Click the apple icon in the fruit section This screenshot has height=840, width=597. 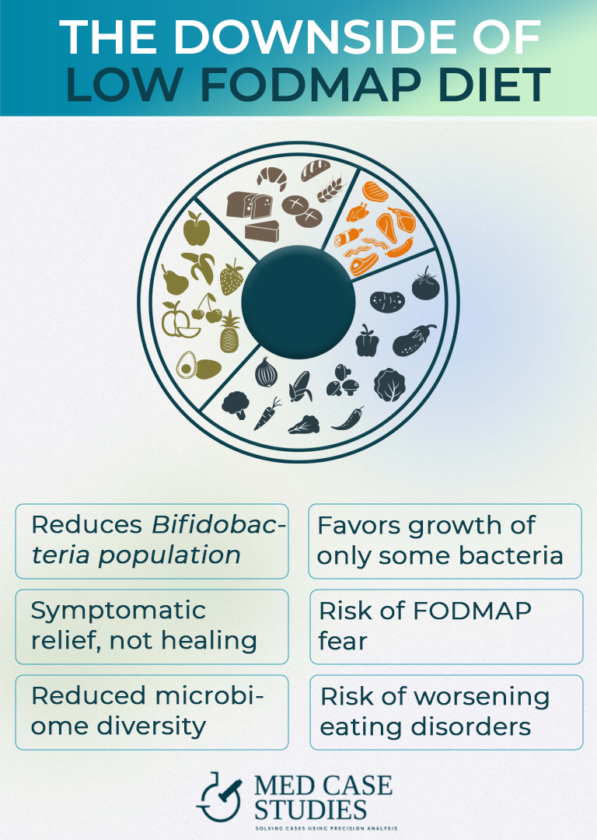click(x=196, y=229)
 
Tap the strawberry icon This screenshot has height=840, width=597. click(x=231, y=278)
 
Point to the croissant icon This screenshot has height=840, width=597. click(x=271, y=179)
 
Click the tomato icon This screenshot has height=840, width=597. click(x=425, y=285)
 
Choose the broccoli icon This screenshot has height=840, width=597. click(x=234, y=404)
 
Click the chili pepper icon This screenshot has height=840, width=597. click(x=347, y=418)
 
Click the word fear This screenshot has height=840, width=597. click(x=344, y=642)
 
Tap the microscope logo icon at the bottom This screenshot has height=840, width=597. click(x=220, y=796)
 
